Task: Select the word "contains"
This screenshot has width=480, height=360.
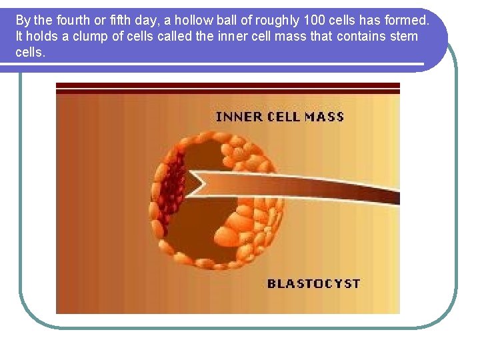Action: point(358,36)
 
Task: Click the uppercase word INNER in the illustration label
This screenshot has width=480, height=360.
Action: point(239,117)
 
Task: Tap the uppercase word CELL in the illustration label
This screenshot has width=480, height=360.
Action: point(283,117)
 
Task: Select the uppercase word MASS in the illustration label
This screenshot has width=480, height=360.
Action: point(324,117)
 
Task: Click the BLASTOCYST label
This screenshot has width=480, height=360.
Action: point(313,283)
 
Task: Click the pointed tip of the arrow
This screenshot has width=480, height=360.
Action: point(186,184)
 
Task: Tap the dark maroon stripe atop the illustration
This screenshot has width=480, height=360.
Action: point(227,87)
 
